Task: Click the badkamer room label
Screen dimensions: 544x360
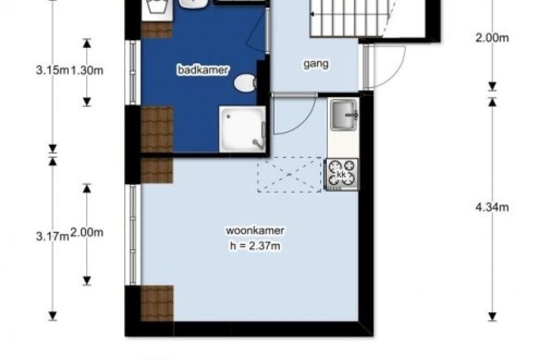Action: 203,70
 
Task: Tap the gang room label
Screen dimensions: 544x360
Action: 315,64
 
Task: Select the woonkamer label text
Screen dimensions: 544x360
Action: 255,230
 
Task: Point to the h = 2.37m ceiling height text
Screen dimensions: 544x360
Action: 255,246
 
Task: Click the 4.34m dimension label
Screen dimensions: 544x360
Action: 492,207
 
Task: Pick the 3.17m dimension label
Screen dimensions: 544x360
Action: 52,237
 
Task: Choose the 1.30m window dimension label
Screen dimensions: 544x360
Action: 87,70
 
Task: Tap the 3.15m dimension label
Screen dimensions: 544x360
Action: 52,70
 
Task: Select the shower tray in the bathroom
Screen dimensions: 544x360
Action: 242,129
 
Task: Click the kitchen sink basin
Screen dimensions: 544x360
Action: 344,114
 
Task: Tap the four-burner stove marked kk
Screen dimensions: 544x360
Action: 341,175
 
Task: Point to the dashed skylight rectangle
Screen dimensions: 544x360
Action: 290,175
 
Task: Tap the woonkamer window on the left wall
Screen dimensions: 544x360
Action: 133,234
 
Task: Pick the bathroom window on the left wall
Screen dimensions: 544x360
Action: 133,73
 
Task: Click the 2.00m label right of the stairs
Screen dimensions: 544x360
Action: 492,37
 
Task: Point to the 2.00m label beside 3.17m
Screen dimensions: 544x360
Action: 87,233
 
